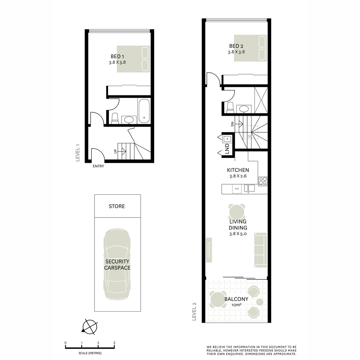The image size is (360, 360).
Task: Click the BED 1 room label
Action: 117,56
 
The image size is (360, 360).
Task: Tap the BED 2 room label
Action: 236,46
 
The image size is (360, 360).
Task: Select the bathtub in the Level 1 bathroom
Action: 144,111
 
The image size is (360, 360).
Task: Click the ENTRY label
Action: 98,166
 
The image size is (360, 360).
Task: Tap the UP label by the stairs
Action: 115,151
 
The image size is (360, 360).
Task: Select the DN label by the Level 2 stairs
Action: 232,124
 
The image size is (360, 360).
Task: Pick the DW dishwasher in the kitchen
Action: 237,189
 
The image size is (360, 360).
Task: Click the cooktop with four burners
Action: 263,181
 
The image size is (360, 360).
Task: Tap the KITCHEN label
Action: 238,170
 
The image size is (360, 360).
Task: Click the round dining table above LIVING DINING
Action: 237,212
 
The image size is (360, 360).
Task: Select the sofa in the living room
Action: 261,250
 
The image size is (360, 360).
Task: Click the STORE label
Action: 117,206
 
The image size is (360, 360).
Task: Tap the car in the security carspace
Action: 117,264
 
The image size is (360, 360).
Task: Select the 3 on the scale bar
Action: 114,342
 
